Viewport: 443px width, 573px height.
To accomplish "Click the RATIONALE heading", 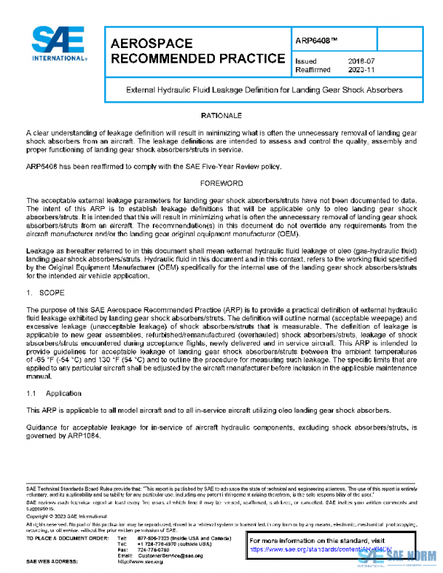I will click(221, 117).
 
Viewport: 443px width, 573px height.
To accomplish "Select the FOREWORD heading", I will click(221, 182).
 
